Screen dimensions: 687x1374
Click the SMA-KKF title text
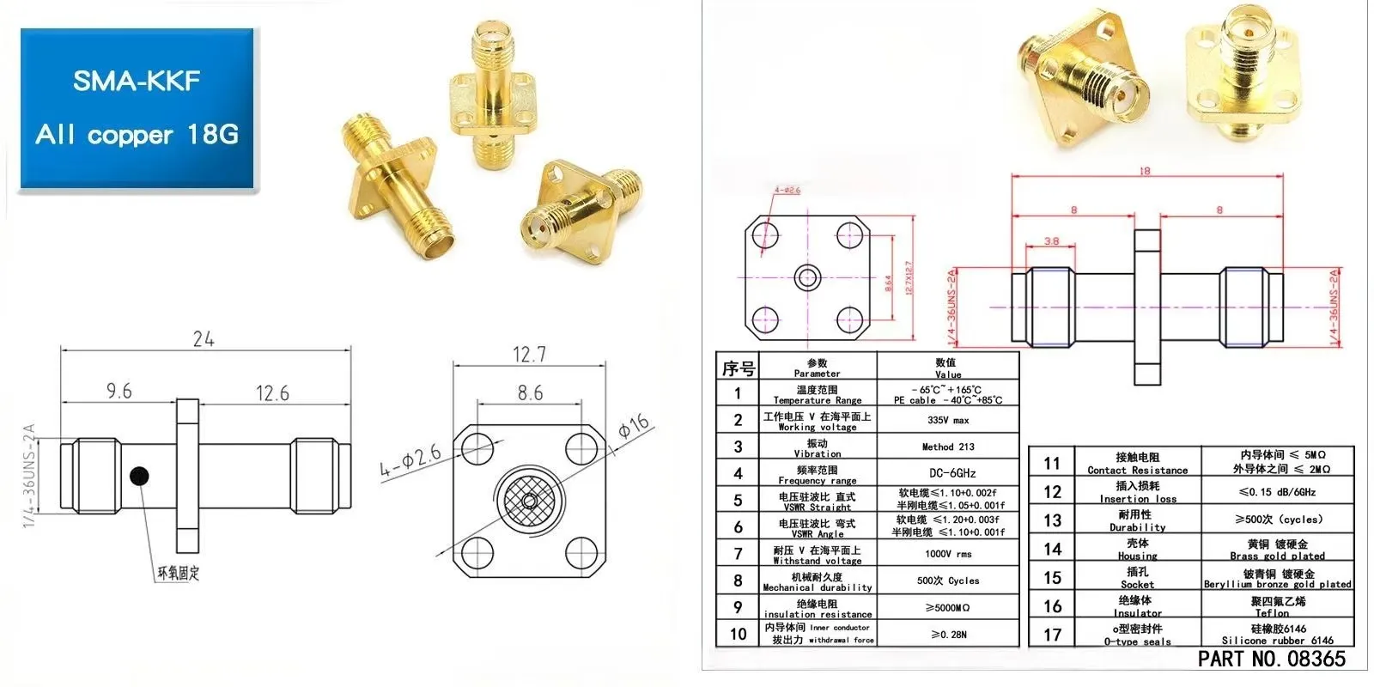[x=137, y=81]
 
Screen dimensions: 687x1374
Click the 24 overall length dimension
[x=204, y=339]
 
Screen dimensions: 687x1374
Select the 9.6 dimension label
[x=119, y=392]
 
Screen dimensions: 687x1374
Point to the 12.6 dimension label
[x=272, y=393]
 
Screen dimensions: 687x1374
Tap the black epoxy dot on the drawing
[x=139, y=475]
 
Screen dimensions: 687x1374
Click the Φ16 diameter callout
[x=634, y=428]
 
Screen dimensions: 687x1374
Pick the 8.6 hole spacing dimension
[x=530, y=393]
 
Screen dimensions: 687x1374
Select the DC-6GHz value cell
[x=948, y=473]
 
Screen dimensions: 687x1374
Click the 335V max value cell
[x=948, y=420]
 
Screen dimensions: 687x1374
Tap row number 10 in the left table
[x=738, y=634]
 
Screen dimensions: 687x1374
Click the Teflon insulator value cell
[x=1277, y=606]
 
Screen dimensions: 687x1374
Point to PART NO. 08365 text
[x=1271, y=659]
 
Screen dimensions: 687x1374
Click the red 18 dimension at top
[x=1144, y=171]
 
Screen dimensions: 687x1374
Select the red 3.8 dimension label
[x=1051, y=241]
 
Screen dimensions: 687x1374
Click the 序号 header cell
[x=738, y=368]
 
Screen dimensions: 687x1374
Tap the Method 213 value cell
[x=948, y=447]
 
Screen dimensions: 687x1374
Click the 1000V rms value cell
[x=948, y=554]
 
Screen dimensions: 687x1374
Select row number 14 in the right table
[x=1052, y=549]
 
